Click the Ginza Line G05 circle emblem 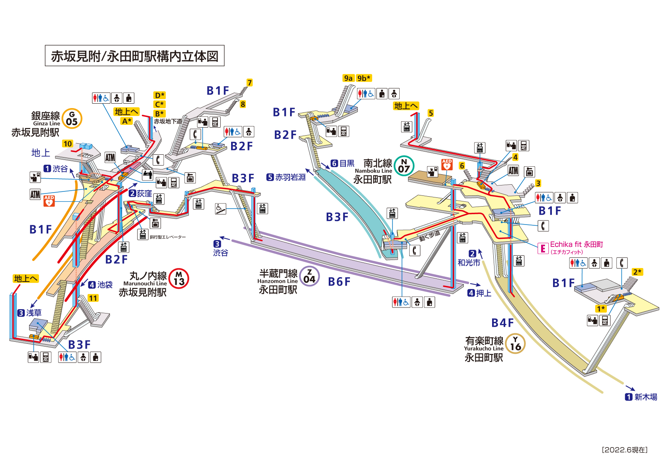[x=72, y=118]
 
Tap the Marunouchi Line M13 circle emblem [x=179, y=278]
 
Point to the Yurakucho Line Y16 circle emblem [x=515, y=344]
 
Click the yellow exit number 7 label [x=249, y=83]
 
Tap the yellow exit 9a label [x=348, y=78]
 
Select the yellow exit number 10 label [x=68, y=144]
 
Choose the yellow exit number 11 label [x=93, y=298]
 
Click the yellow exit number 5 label [x=431, y=113]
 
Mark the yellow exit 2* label [x=638, y=272]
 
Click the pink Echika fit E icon [x=543, y=248]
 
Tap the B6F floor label [x=339, y=282]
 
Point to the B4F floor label [x=502, y=323]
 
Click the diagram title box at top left [x=135, y=56]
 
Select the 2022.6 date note [x=624, y=450]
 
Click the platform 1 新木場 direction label [x=641, y=397]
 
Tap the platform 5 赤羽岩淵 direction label [x=286, y=177]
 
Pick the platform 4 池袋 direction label [x=100, y=285]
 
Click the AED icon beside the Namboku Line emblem [x=447, y=164]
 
